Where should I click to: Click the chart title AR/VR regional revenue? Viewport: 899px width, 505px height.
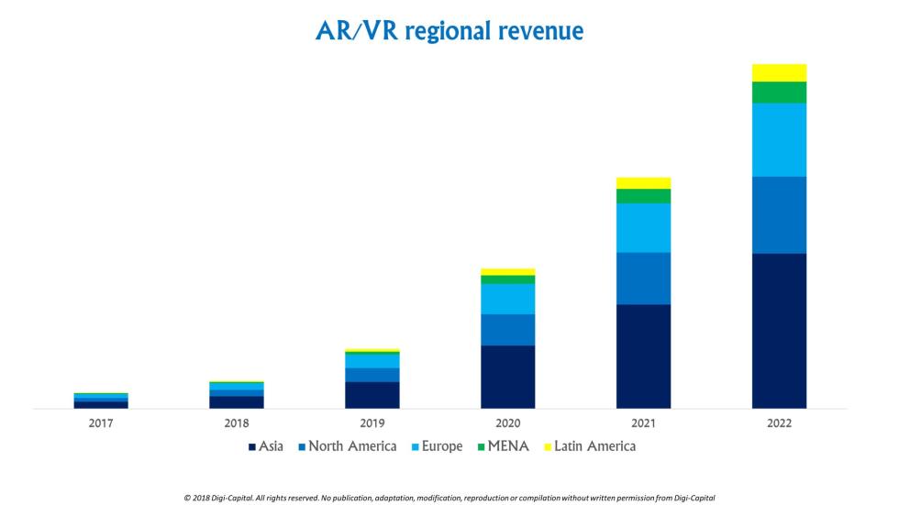point(449,30)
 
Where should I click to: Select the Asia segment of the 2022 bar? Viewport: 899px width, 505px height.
point(779,330)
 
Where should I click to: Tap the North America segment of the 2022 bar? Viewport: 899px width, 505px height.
point(779,214)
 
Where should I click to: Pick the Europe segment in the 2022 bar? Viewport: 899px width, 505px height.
point(779,139)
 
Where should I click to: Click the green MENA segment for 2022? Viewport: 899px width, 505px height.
point(779,92)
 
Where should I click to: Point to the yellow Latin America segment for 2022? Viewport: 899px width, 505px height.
point(779,72)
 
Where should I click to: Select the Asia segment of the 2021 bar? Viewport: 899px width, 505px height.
point(643,356)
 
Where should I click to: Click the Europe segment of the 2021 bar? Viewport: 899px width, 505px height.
point(643,227)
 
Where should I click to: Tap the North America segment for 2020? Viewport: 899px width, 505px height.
point(507,329)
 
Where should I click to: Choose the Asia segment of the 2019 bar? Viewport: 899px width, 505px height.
point(372,394)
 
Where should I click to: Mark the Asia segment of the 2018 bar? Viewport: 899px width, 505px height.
point(236,401)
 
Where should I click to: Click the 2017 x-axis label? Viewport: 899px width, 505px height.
point(100,423)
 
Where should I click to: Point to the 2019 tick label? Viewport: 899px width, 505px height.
point(372,423)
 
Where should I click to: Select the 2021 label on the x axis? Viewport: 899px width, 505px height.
point(643,423)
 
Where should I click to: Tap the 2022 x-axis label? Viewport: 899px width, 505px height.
point(779,423)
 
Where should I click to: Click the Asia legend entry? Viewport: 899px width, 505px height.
point(266,446)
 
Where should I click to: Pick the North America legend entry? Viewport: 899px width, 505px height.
point(347,446)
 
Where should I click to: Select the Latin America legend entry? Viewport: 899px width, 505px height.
point(589,446)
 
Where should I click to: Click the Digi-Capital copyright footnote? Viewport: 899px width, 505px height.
point(449,498)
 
